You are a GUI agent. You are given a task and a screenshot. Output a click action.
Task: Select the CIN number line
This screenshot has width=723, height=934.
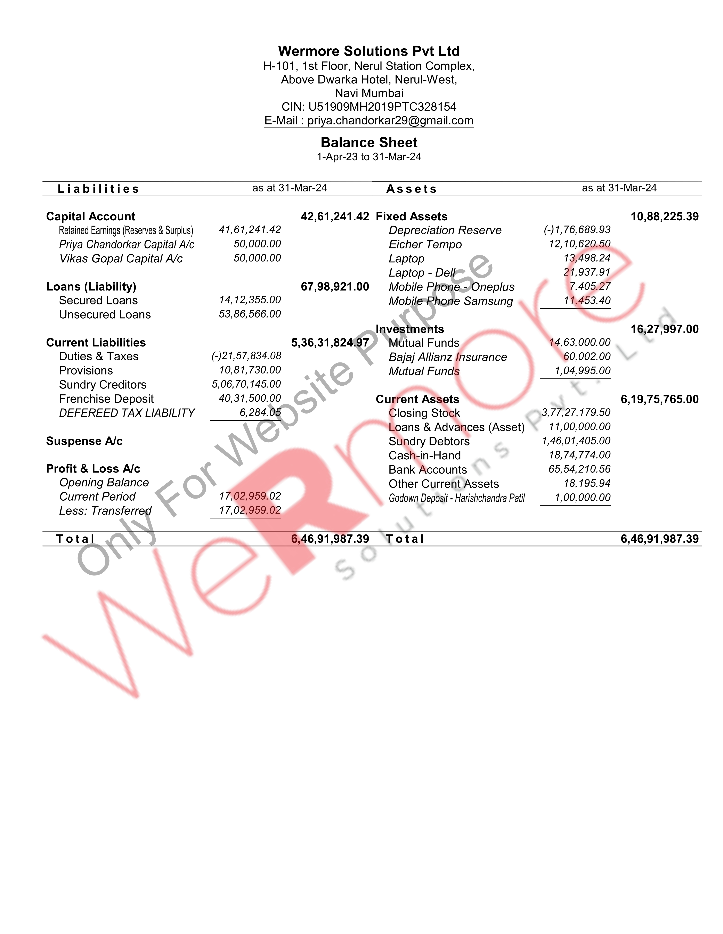(x=369, y=107)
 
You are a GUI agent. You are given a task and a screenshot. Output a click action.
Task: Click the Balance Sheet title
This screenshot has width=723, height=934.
(x=369, y=142)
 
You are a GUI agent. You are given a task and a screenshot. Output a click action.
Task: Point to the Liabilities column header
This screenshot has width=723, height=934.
(x=98, y=189)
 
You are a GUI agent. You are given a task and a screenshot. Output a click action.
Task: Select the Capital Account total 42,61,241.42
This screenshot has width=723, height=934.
(x=335, y=216)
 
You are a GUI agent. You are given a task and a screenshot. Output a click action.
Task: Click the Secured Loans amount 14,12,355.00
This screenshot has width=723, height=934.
(x=250, y=300)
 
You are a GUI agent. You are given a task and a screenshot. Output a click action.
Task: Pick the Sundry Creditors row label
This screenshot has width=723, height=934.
(x=103, y=384)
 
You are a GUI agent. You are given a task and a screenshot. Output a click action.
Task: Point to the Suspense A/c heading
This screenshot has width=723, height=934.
(x=84, y=441)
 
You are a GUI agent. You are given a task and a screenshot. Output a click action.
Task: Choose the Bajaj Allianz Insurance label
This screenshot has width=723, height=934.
(x=447, y=357)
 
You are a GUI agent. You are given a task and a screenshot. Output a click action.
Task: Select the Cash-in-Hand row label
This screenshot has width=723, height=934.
(x=424, y=456)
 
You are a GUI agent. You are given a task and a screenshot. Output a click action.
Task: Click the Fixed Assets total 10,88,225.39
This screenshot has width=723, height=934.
(x=664, y=216)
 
